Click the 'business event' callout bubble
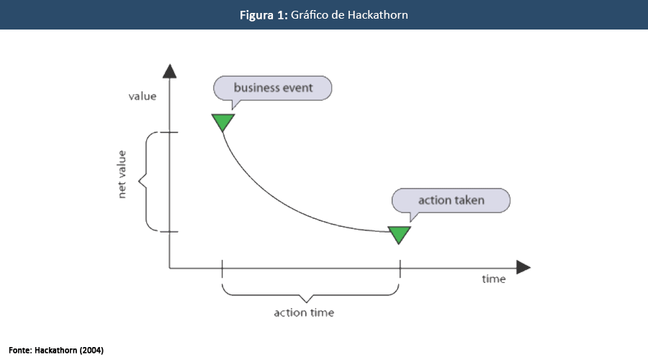click(x=273, y=89)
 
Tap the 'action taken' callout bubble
click(x=451, y=200)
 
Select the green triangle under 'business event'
click(x=222, y=122)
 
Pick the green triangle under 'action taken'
click(x=399, y=234)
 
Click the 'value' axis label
click(x=142, y=95)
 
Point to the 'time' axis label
click(x=494, y=279)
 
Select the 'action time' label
click(x=304, y=312)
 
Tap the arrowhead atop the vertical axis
click(x=170, y=71)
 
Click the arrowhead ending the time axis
click(x=523, y=268)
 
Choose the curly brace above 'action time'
click(x=310, y=292)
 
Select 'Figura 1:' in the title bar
click(x=264, y=14)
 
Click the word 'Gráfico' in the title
click(x=309, y=14)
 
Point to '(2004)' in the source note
click(x=91, y=350)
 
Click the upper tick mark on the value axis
click(x=169, y=132)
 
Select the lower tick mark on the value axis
click(x=169, y=231)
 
